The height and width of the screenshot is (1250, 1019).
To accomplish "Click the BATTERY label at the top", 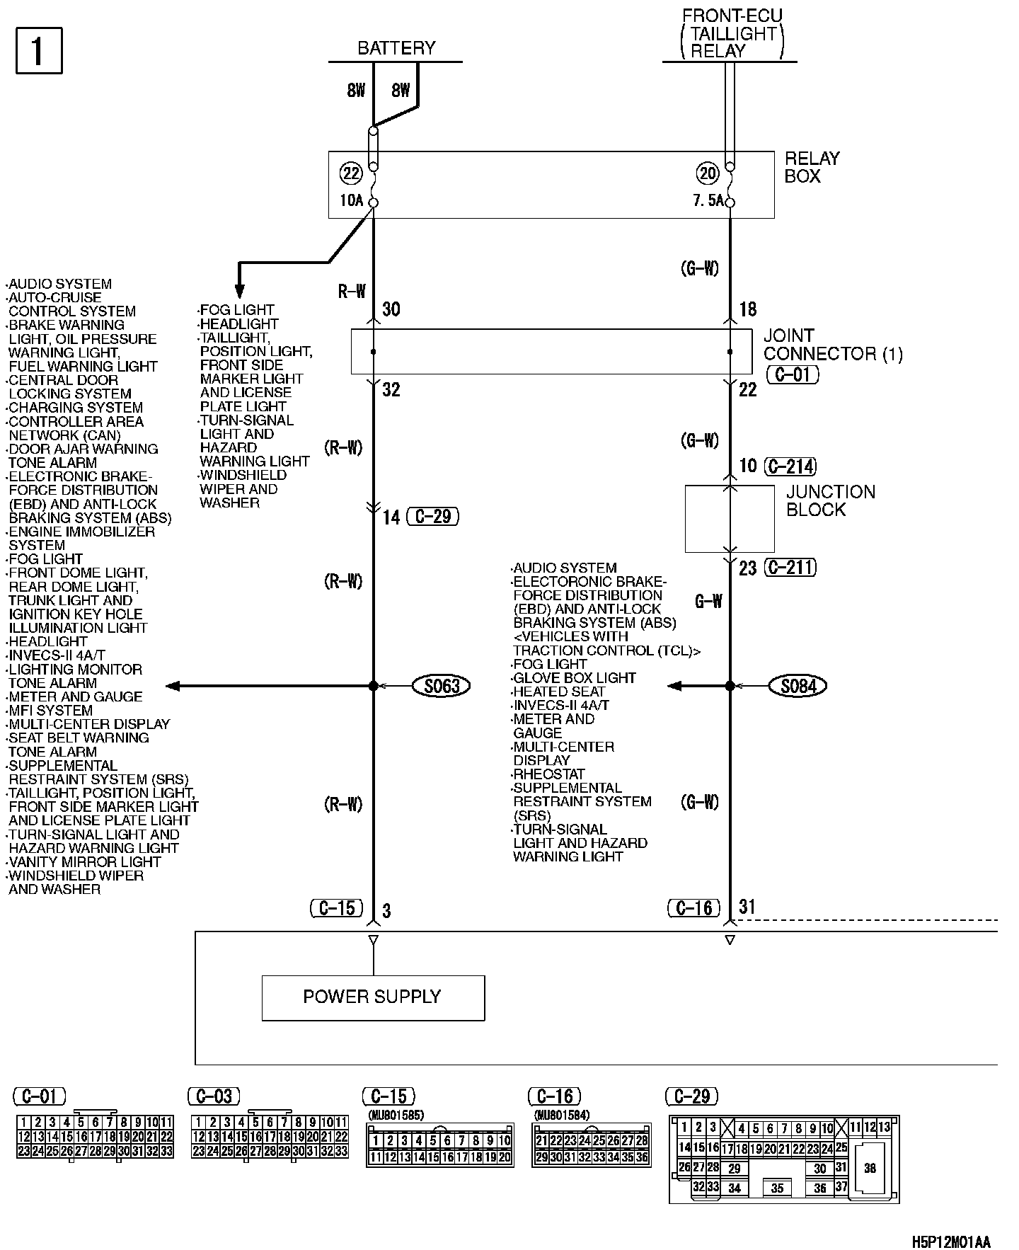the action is (x=396, y=48).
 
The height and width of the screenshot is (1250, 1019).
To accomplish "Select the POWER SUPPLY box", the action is (x=373, y=997).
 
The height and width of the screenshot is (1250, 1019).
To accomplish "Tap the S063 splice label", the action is (x=442, y=685).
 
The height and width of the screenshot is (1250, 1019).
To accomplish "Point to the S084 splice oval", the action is (x=798, y=685).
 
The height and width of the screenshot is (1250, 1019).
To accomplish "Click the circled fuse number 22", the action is (x=351, y=173).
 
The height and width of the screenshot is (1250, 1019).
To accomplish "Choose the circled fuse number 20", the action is (x=708, y=173).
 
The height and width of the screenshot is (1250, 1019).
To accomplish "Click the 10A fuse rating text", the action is (x=351, y=200).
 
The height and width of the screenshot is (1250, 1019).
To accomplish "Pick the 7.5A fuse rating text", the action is (x=708, y=200).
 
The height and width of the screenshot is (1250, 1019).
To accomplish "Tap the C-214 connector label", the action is (x=791, y=466).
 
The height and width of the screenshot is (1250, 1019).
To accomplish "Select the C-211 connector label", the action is (x=791, y=567).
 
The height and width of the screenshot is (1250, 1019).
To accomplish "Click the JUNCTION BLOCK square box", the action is (x=729, y=518).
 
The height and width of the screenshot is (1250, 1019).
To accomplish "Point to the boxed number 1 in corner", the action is (x=39, y=50).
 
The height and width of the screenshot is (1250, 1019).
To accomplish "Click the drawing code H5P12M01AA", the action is (x=950, y=1242).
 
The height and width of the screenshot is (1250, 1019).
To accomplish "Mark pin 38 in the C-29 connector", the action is (x=870, y=1168).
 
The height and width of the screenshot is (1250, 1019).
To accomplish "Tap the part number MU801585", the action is (x=396, y=1116).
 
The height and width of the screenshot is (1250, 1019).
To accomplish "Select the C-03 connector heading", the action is (x=214, y=1096).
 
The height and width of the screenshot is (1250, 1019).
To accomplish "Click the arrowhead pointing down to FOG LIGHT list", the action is (x=239, y=291).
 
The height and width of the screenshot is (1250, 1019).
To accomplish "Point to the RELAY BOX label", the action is (x=812, y=167).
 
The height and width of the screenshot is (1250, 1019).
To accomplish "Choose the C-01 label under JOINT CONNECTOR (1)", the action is (x=793, y=374).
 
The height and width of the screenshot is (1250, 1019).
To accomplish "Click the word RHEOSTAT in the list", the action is (x=549, y=774).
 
